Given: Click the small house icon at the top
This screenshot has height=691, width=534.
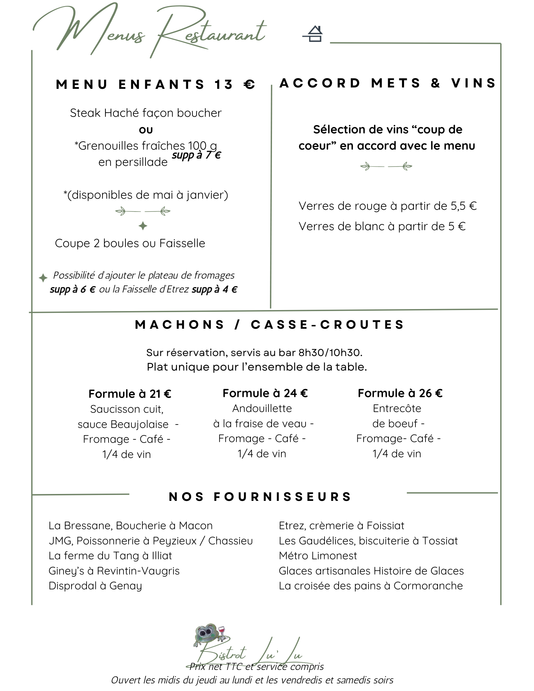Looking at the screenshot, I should [x=313, y=34].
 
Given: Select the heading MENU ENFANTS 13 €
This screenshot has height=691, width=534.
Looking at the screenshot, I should [x=156, y=85].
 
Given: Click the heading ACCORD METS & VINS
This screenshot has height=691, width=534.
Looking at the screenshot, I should [x=387, y=83].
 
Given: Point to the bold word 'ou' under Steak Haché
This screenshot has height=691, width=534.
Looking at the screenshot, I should [x=146, y=130].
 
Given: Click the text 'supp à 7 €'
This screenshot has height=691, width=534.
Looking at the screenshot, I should [x=196, y=155].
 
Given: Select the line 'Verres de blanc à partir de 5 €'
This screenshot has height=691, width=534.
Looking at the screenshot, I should [x=382, y=226].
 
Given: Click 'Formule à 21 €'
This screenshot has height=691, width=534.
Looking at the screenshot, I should [x=130, y=394].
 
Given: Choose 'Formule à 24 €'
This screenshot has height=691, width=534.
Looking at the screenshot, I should [x=265, y=393].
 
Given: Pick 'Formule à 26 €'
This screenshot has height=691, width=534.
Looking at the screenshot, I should [x=400, y=393].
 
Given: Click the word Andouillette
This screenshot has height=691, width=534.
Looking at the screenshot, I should [x=262, y=409].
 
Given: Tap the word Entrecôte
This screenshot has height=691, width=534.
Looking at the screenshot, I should [x=397, y=409].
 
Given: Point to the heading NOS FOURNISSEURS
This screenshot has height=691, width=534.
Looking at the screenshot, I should [x=260, y=497].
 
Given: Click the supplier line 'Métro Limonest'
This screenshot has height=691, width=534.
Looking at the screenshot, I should [x=318, y=556].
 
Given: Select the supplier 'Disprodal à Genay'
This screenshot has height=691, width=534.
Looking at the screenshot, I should [x=95, y=586].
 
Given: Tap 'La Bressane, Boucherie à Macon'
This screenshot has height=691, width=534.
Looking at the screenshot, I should [x=131, y=526].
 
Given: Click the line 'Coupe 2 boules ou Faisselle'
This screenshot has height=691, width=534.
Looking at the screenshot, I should [x=130, y=243].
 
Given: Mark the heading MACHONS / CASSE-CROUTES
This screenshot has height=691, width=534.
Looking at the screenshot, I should [x=270, y=325].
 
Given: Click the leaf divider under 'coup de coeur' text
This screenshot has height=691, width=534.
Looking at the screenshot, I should [x=386, y=167].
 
